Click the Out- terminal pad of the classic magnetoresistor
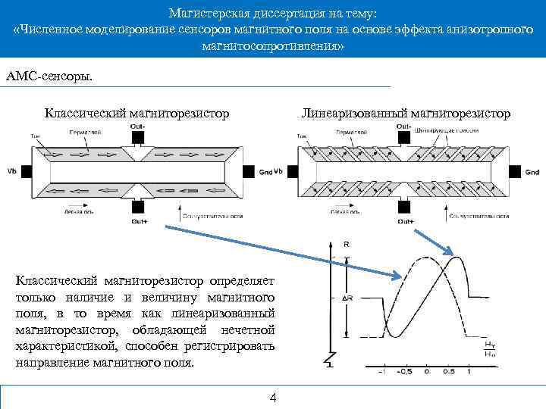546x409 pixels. (x=138, y=136)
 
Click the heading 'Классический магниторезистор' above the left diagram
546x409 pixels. (x=136, y=113)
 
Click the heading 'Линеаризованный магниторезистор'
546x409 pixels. (x=406, y=113)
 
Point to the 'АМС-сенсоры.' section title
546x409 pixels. (x=50, y=76)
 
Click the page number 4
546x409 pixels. (x=274, y=398)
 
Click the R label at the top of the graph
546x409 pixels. (x=347, y=245)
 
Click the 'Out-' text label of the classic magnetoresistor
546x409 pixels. (x=137, y=125)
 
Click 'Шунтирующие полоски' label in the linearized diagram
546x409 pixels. (x=438, y=130)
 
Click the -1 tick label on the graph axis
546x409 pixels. (x=383, y=372)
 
